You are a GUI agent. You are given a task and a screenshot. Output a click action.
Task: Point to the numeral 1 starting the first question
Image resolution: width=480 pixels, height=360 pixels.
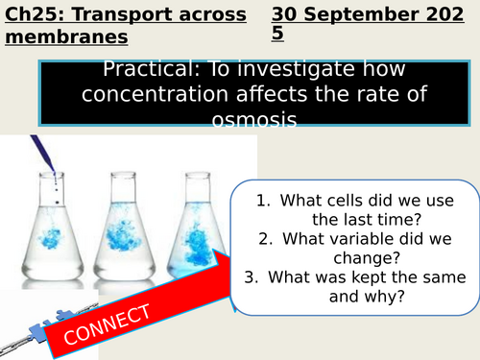click(261, 201)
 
